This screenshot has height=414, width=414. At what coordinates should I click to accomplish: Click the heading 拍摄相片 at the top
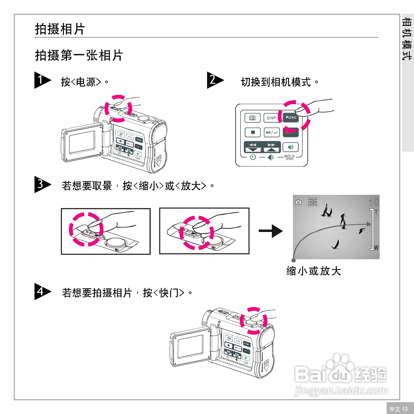coord(60,29)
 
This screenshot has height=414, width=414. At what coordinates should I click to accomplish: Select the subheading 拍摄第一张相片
coord(79,55)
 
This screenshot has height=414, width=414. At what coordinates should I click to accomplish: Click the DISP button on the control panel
coord(271,118)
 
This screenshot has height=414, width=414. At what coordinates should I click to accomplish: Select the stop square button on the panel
coord(253,132)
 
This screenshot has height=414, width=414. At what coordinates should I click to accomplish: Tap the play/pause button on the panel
coord(272,132)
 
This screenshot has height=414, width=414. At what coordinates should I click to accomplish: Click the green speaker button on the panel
coord(290,147)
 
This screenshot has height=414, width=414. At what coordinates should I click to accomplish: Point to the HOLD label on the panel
coord(289,156)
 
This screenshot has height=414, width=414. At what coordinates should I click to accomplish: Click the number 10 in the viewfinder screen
coord(374,202)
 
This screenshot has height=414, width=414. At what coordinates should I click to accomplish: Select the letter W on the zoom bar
coord(376,248)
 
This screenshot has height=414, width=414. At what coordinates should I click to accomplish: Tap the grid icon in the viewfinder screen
coord(313,202)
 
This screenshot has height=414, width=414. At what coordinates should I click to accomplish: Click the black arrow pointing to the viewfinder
coord(271,231)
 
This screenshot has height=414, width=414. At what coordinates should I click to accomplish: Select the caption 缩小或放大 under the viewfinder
coord(314,271)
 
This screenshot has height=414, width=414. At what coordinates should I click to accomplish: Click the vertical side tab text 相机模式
coord(407,39)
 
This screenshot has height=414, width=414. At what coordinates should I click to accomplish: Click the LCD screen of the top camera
coord(82,142)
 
